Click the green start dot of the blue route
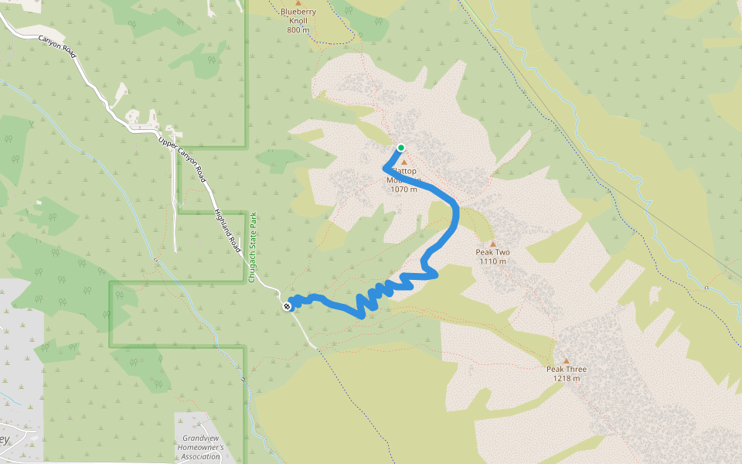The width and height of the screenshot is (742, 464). (400, 148)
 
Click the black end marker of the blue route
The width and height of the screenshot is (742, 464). (287, 306)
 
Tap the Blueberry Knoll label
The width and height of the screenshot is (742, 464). (298, 12)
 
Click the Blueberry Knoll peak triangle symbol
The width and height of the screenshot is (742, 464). (298, 3)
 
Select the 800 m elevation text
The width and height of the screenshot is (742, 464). (298, 30)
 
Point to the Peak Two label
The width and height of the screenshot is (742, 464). (492, 252)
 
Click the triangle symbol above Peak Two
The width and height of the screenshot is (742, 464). (492, 243)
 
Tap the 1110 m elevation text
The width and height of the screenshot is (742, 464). (492, 261)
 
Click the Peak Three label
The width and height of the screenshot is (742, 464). (566, 370)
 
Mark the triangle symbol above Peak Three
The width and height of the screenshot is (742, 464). (566, 360)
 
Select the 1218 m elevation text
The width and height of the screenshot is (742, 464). (566, 379)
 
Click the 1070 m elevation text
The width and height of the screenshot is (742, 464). (403, 189)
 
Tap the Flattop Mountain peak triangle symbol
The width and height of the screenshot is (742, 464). (403, 162)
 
